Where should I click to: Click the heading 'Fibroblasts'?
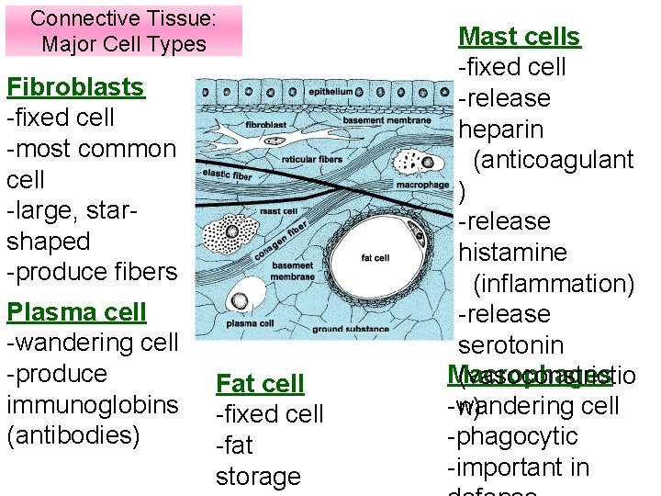coord(75,87)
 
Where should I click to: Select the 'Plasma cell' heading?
coord(76,312)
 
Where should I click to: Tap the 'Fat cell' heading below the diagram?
coord(260,384)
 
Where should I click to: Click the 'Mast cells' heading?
coord(519,37)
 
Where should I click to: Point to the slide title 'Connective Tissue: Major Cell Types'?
coord(124,30)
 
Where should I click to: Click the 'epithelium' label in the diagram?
coord(330,92)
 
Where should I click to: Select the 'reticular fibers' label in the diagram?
coord(318,159)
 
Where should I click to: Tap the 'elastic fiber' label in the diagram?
coord(228,174)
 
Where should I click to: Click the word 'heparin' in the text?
coord(500,130)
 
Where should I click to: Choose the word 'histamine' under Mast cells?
coord(512,253)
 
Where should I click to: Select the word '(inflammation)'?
coord(554,284)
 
